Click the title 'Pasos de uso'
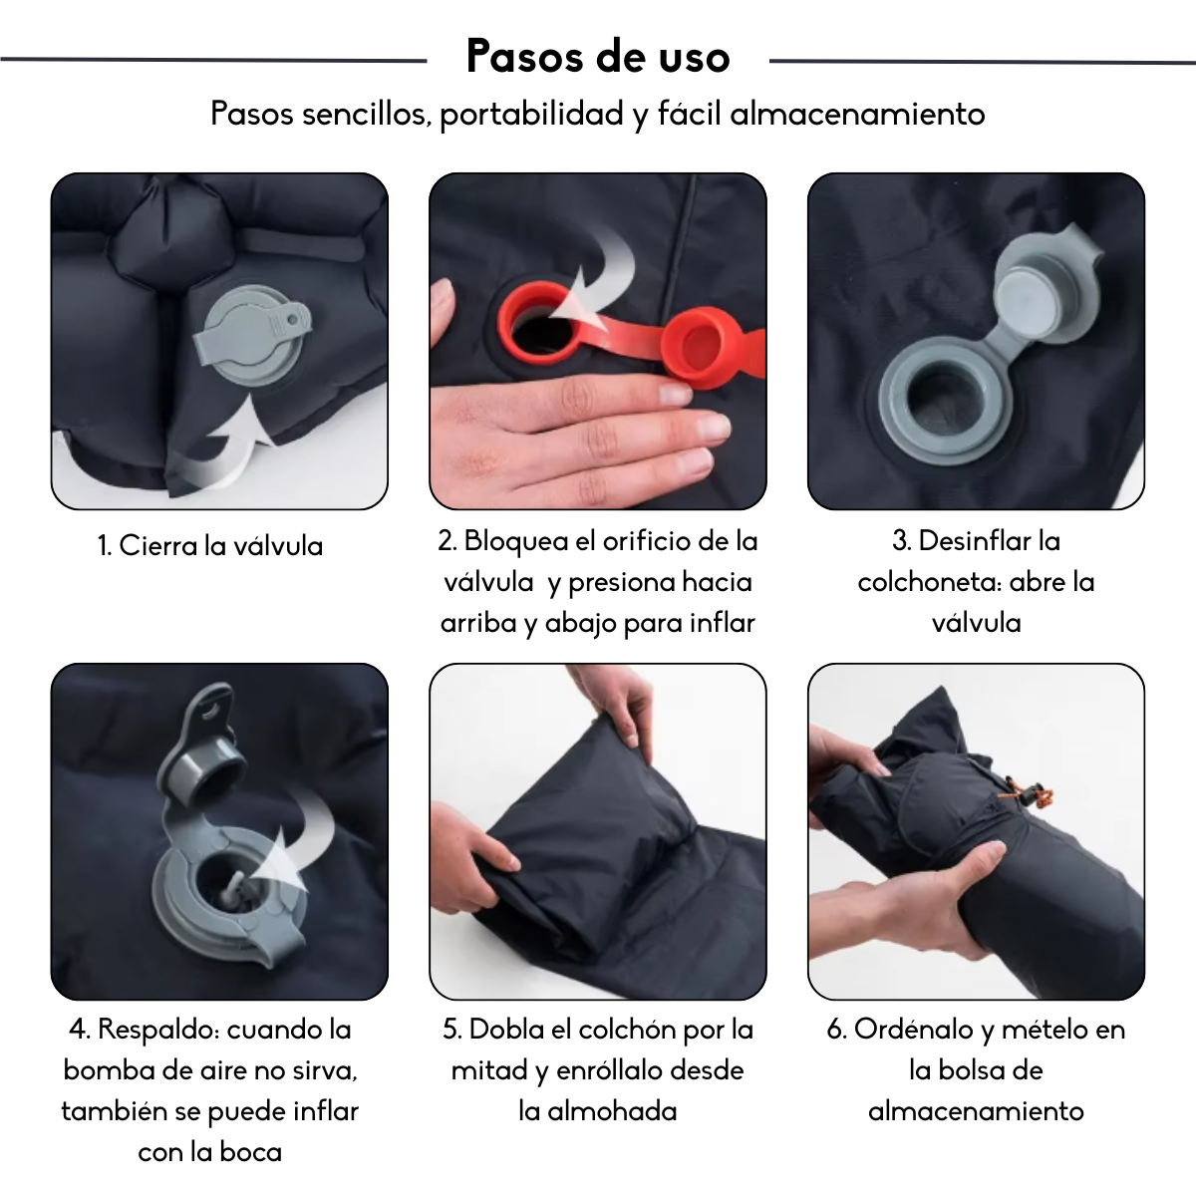598,57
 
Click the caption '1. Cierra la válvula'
210,546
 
